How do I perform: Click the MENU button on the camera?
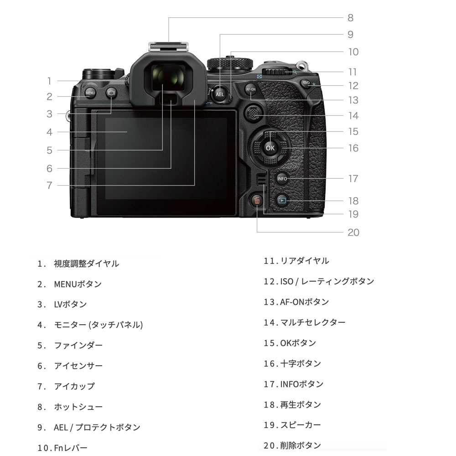coord(90,93)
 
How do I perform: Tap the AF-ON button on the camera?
coord(250,89)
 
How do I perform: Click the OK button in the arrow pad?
coord(270,148)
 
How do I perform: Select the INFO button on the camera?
coord(282,179)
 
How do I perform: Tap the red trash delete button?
coord(257,201)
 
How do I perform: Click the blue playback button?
coord(281,200)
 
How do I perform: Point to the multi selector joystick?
coord(254,114)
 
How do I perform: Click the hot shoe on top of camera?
coord(168,47)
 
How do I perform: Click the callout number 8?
coord(350,18)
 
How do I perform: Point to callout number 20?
coord(353,233)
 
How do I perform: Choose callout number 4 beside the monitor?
coord(49,132)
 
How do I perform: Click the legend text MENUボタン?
coord(78,284)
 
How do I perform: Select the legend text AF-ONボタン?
coord(305,302)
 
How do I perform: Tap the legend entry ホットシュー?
coord(78,407)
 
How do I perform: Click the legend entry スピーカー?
coord(301,425)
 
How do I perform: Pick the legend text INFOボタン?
coord(301,384)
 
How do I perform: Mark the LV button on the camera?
coord(111,93)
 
